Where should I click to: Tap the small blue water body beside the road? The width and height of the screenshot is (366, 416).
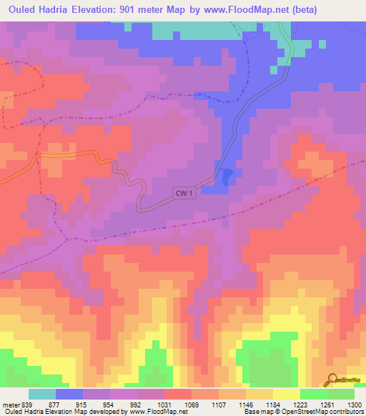(x=227, y=177)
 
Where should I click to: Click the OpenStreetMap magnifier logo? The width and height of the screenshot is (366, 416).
(x=331, y=380)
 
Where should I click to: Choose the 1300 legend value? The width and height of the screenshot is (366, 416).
(x=355, y=404)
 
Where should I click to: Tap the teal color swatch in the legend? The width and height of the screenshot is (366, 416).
(x=41, y=394)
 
